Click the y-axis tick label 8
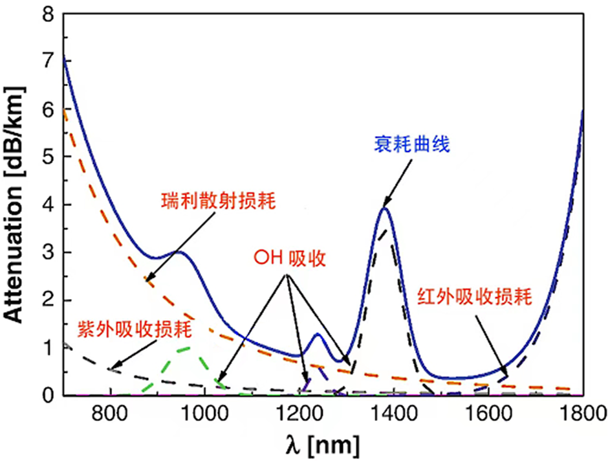47,14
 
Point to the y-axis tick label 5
47,157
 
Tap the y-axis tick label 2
47,300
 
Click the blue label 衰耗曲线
411,144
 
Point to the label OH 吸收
289,259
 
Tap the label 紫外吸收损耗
134,329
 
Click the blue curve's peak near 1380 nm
385,208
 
